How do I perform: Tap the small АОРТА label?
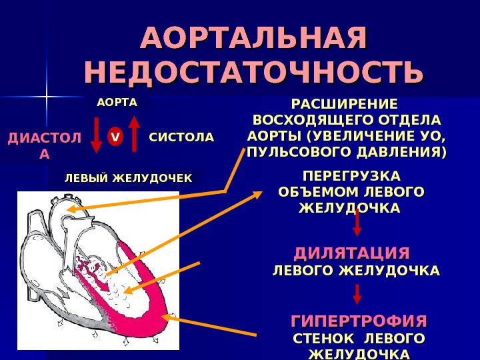point(117,103)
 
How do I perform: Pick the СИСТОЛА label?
point(181,137)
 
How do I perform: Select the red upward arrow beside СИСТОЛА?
point(134,133)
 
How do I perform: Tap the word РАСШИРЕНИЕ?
point(344,104)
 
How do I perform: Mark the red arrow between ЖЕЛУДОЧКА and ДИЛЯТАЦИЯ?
point(357,223)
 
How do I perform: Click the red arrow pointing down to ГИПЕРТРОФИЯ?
point(357,294)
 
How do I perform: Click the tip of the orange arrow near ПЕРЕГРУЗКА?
point(261,195)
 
